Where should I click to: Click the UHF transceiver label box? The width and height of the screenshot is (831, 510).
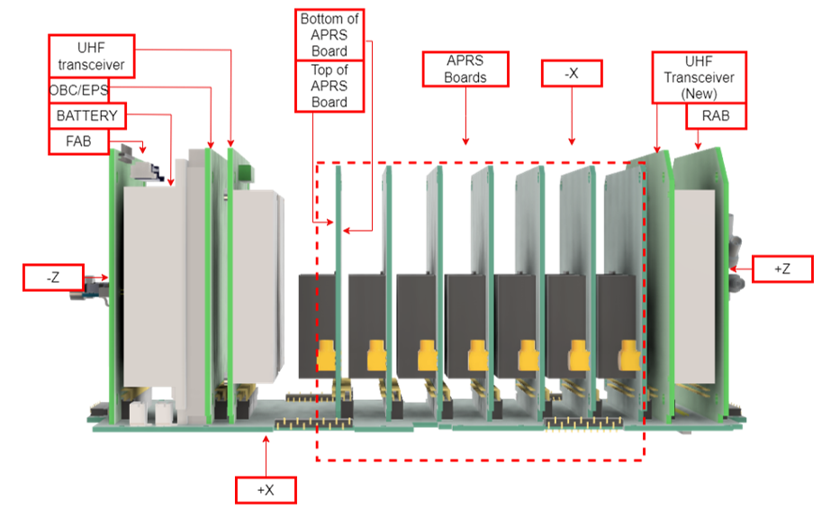[x=91, y=57]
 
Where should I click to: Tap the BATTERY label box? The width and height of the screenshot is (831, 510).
[x=86, y=116]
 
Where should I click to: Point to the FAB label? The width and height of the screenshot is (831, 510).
[x=77, y=141]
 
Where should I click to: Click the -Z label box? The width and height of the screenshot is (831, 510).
[x=52, y=277]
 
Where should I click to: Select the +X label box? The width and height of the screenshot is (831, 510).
[x=265, y=490]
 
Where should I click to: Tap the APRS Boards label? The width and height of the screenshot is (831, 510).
[x=465, y=69]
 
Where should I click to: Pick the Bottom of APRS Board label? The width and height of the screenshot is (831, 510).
[x=330, y=34]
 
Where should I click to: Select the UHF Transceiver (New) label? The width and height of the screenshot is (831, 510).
[x=698, y=77]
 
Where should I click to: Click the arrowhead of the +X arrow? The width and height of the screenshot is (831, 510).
[x=265, y=438]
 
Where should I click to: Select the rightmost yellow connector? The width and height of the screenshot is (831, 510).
[x=625, y=358]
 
